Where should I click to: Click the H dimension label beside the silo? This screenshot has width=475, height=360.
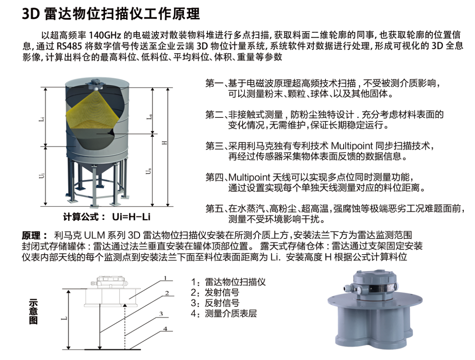[164, 143]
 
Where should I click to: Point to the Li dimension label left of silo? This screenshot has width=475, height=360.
[42, 119]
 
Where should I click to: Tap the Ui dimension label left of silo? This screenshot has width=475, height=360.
[42, 176]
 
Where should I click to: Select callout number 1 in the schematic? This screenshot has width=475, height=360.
[165, 278]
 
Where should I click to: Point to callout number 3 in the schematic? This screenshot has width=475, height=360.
[161, 314]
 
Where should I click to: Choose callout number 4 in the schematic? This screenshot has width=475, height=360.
[165, 329]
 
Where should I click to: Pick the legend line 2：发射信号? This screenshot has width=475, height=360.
[215, 293]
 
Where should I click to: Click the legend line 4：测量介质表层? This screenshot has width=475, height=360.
[224, 313]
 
